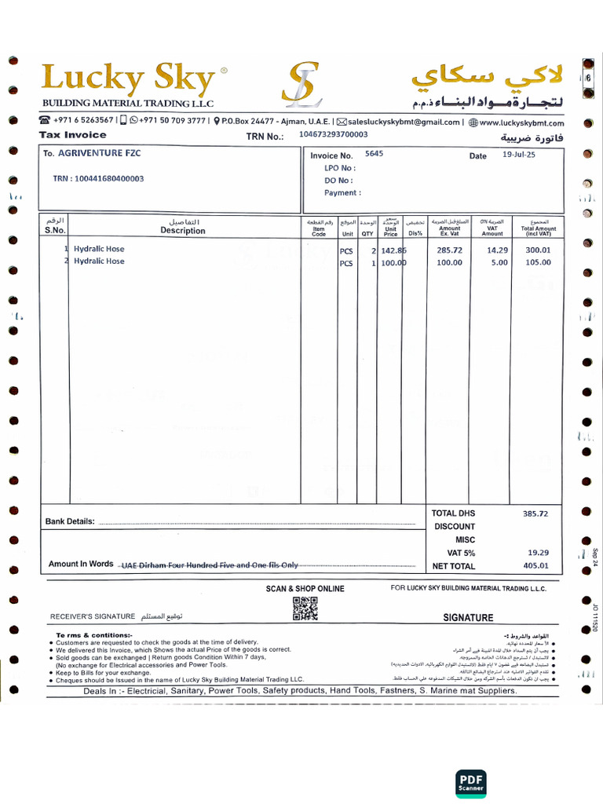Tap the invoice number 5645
[374, 154]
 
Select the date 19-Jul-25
[518, 155]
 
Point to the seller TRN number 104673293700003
[333, 134]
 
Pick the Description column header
[183, 231]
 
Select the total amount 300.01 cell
[538, 250]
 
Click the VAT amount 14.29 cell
[498, 250]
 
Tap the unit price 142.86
[393, 250]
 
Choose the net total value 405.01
[537, 565]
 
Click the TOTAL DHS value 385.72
[535, 513]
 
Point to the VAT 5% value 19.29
[538, 552]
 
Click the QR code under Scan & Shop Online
[305, 608]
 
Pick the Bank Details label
[70, 521]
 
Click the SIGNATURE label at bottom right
[468, 618]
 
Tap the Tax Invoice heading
[73, 135]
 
